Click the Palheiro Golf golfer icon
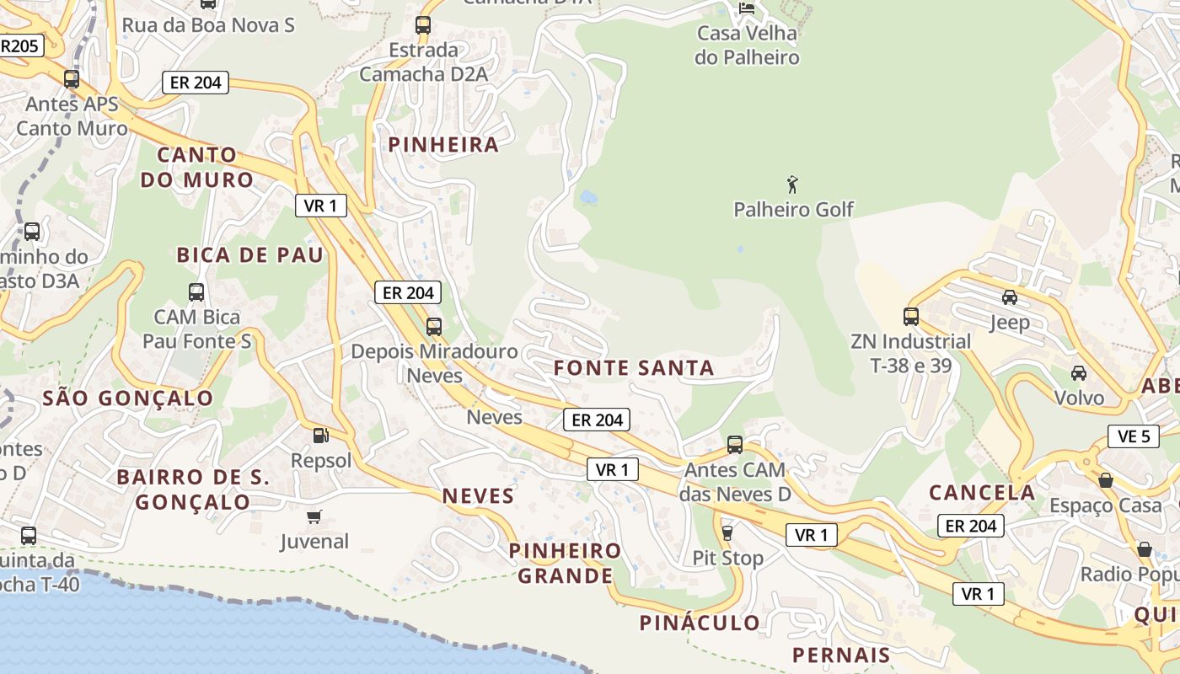click(x=792, y=185)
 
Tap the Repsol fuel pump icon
click(x=320, y=436)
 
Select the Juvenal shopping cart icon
click(x=314, y=516)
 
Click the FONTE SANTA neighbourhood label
click(x=634, y=368)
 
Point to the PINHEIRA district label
click(x=443, y=145)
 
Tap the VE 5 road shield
click(x=1133, y=436)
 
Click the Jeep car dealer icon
click(x=1010, y=297)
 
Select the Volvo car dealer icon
click(x=1078, y=372)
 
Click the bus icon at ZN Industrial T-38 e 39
click(x=911, y=317)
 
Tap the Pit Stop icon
click(x=727, y=532)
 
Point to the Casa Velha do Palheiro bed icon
click(x=747, y=8)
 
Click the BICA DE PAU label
click(x=249, y=255)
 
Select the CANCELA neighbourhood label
click(x=982, y=493)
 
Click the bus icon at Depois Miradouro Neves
click(x=434, y=327)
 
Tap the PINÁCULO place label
click(x=700, y=623)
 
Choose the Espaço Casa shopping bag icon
click(x=1106, y=480)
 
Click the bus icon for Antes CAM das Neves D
click(x=735, y=444)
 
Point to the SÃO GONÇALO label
click(x=127, y=398)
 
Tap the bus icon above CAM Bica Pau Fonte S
click(x=196, y=292)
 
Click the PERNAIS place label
click(x=841, y=655)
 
